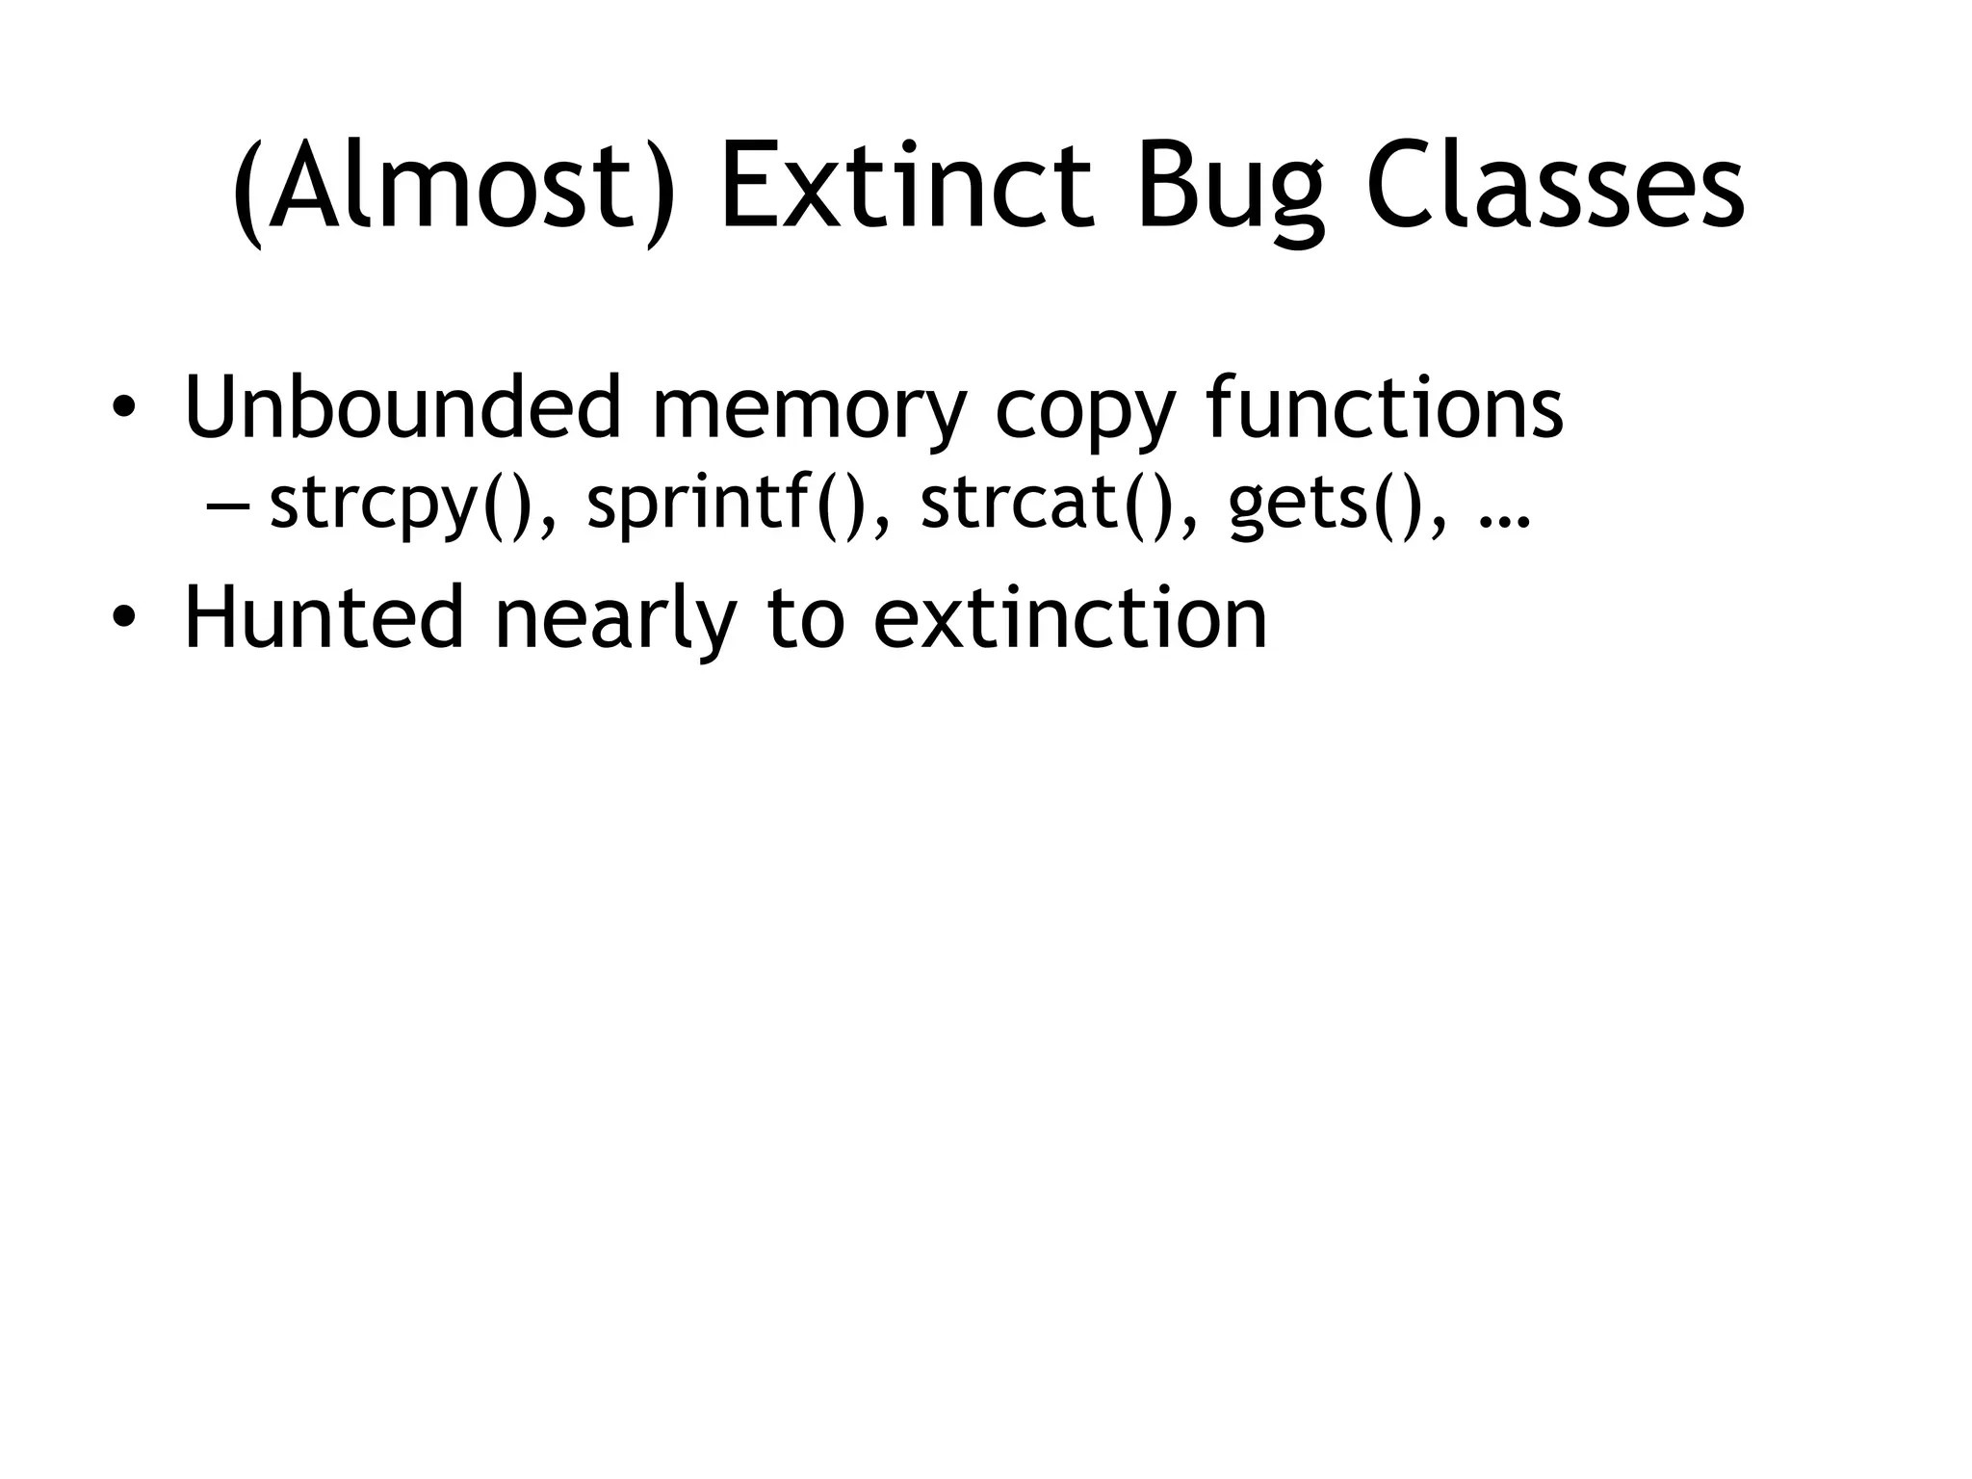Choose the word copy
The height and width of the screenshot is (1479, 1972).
tap(1084, 414)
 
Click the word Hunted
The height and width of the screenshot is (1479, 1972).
tap(324, 617)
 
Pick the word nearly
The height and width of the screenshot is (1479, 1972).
tap(614, 621)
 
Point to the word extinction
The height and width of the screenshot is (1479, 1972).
tap(1070, 617)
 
